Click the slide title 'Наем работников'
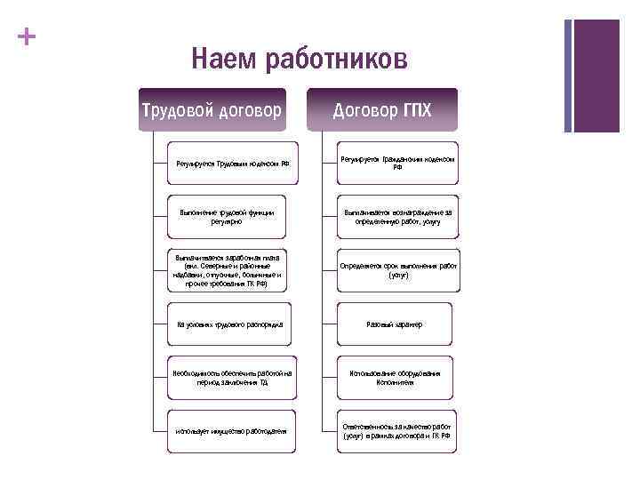[300, 60]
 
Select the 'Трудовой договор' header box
[212, 109]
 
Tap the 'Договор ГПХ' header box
[382, 109]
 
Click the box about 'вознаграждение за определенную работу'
[398, 216]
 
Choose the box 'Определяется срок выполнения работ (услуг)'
[398, 270]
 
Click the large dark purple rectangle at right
[596, 76]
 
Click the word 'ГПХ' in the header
[415, 110]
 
